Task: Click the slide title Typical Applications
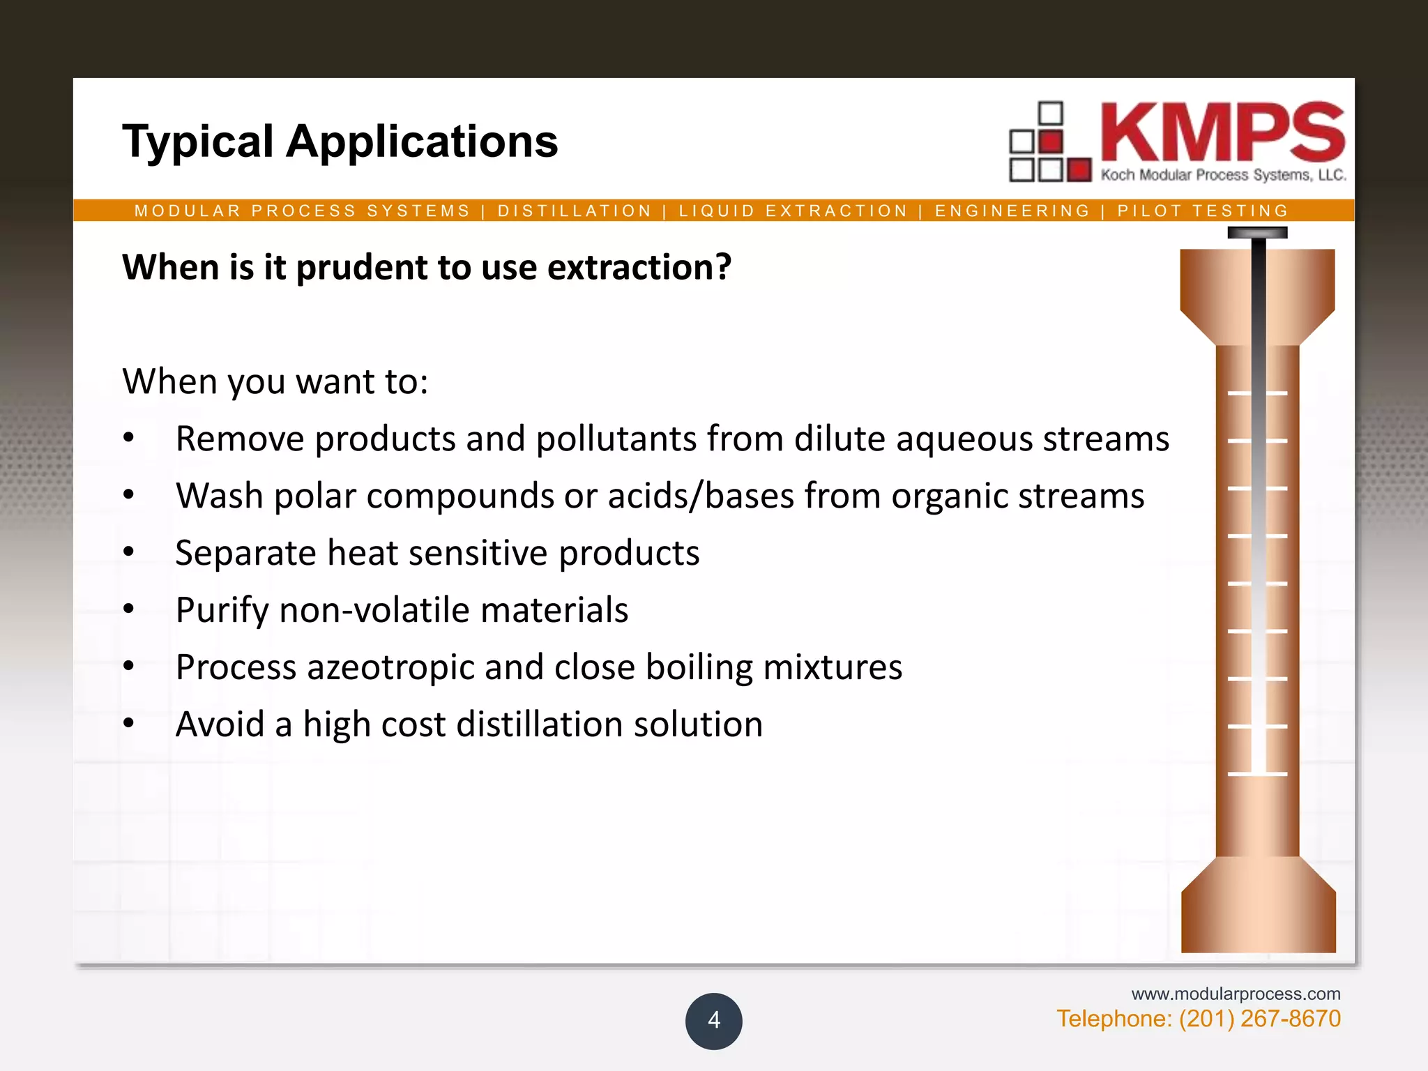point(340,142)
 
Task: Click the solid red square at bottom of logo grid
point(1079,169)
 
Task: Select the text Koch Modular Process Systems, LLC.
point(1223,175)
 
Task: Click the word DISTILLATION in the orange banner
point(575,211)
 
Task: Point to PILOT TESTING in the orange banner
point(1203,211)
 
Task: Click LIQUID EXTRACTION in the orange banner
point(793,211)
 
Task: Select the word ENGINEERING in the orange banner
point(1012,211)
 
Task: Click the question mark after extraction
point(722,267)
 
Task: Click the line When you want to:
point(275,381)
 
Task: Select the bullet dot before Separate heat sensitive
point(129,552)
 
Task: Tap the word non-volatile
point(374,610)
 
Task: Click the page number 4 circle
point(713,1021)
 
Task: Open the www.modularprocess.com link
point(1236,994)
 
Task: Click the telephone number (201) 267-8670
point(1259,1019)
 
